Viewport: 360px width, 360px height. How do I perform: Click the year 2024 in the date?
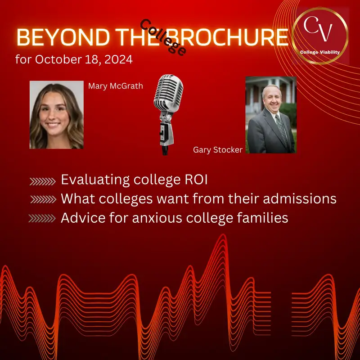coord(117,60)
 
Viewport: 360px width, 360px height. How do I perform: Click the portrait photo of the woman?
coord(57,115)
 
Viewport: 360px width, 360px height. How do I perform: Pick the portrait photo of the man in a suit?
coord(270,115)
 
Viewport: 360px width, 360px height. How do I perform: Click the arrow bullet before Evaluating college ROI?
coord(43,181)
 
